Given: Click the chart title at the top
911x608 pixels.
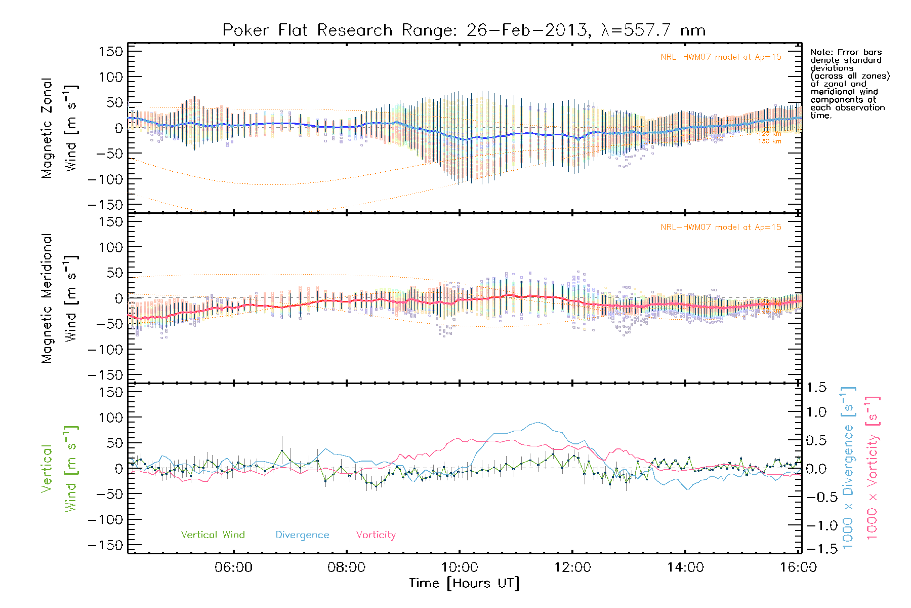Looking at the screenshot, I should click(x=464, y=30).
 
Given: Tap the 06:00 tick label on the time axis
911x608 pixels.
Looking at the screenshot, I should click(x=233, y=567).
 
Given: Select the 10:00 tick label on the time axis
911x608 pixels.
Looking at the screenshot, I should click(x=460, y=567).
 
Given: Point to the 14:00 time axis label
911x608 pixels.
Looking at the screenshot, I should click(x=685, y=567).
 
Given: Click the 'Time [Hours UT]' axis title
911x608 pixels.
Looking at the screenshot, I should click(x=464, y=583).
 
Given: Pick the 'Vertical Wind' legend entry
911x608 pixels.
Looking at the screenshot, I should click(x=213, y=535).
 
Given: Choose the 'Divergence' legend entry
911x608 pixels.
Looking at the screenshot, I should click(x=302, y=535).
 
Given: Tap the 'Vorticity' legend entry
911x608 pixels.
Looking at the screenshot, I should click(x=376, y=535).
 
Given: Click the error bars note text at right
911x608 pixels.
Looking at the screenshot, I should click(x=849, y=84).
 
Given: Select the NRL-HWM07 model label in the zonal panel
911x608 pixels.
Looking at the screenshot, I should click(x=721, y=57).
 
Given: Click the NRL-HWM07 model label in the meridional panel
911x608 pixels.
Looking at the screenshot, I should click(x=721, y=227).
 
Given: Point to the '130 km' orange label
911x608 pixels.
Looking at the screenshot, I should click(x=769, y=141).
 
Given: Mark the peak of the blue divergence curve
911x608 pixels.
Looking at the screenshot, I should click(x=537, y=422).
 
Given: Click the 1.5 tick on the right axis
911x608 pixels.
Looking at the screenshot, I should click(x=816, y=388).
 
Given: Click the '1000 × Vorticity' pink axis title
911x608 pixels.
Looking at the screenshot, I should click(x=873, y=468).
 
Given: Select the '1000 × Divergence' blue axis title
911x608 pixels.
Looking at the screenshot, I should click(x=848, y=468).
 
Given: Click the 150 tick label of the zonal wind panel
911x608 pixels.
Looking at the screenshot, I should click(x=111, y=51).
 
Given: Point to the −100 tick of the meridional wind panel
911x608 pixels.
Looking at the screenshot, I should click(x=106, y=349).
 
